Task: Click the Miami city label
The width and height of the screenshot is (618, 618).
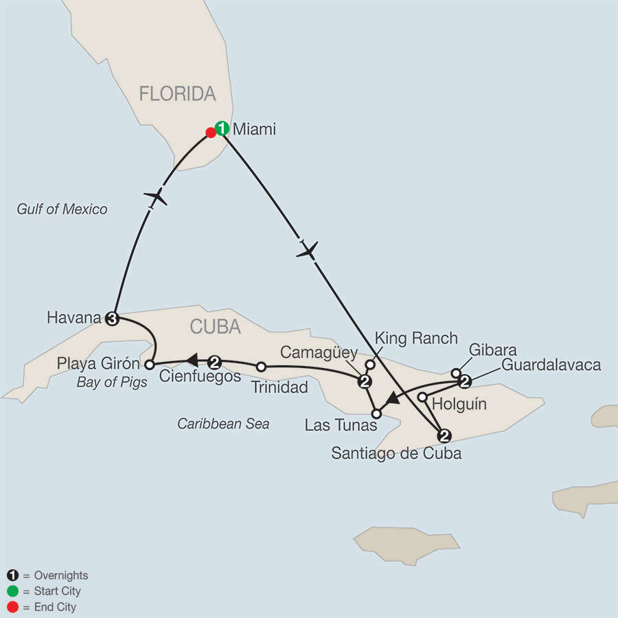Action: tap(254, 128)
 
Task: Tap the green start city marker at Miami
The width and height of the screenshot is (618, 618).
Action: tap(222, 128)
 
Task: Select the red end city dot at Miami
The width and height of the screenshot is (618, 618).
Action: tap(211, 132)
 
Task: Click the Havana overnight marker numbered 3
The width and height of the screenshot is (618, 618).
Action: tap(113, 317)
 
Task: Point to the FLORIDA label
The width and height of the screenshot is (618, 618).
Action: tap(177, 93)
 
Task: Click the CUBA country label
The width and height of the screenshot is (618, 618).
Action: tap(216, 328)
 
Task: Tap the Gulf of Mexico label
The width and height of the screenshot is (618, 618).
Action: tap(62, 209)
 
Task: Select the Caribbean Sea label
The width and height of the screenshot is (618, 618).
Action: tap(223, 424)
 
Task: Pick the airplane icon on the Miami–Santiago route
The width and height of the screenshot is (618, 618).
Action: tap(308, 249)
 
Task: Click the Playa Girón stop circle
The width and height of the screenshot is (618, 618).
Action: tap(149, 364)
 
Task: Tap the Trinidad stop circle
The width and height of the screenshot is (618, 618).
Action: tap(261, 367)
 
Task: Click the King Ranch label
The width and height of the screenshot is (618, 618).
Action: tap(416, 338)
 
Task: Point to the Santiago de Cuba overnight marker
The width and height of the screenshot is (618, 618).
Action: tap(444, 434)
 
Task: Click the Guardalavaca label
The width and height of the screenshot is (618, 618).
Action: tap(551, 365)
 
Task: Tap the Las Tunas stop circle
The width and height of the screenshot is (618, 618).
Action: tap(376, 413)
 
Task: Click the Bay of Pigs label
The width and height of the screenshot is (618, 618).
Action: tap(112, 382)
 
